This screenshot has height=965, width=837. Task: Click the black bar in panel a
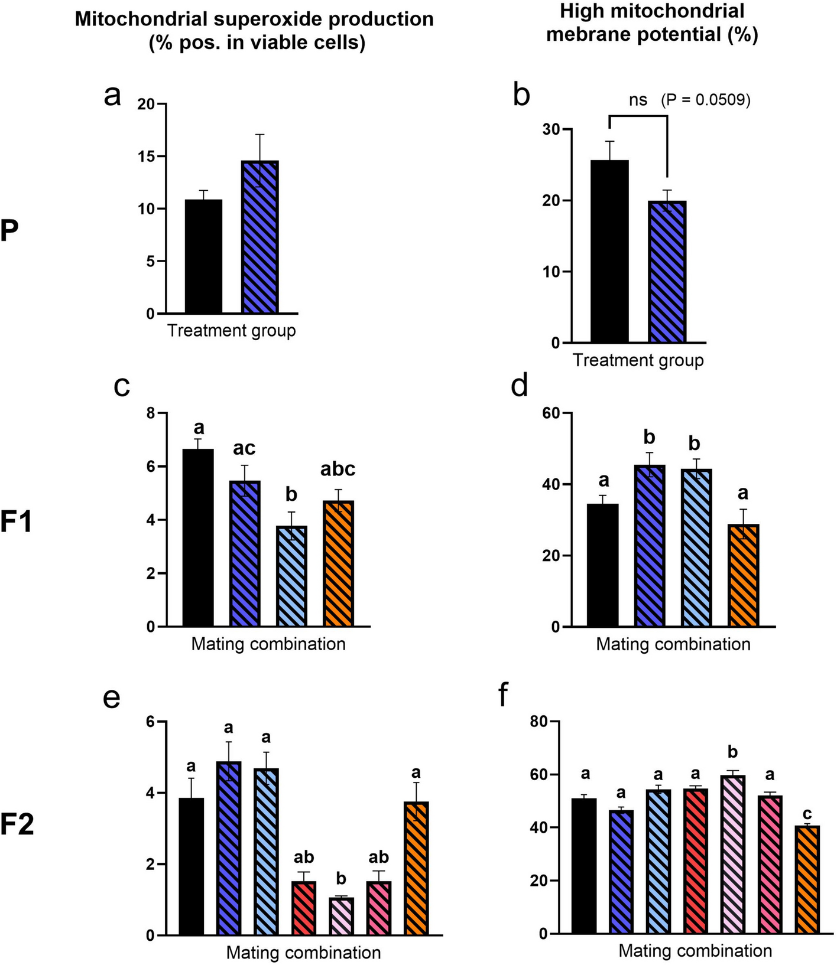click(x=203, y=256)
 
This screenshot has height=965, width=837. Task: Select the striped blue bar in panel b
click(x=667, y=272)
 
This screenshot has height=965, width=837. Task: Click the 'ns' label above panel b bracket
click(x=638, y=100)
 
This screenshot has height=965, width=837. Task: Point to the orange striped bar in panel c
click(x=338, y=563)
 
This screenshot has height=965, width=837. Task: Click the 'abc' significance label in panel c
click(x=338, y=469)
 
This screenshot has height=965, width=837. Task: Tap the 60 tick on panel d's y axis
click(x=551, y=413)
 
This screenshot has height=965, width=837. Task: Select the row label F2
click(x=17, y=826)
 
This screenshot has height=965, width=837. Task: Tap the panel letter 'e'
click(x=112, y=697)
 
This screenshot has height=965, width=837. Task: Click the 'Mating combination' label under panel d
click(x=673, y=644)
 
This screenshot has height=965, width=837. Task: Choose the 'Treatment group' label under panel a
click(x=231, y=330)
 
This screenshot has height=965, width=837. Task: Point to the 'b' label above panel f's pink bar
click(x=732, y=752)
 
